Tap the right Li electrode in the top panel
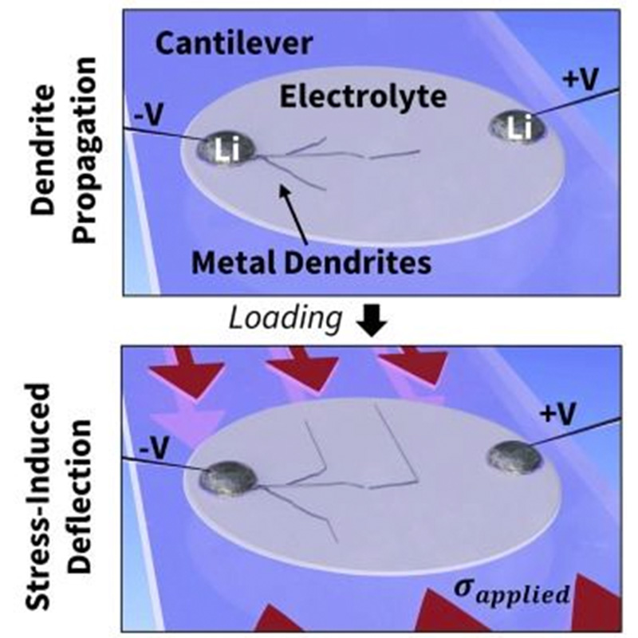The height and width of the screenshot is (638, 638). pyautogui.click(x=516, y=128)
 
